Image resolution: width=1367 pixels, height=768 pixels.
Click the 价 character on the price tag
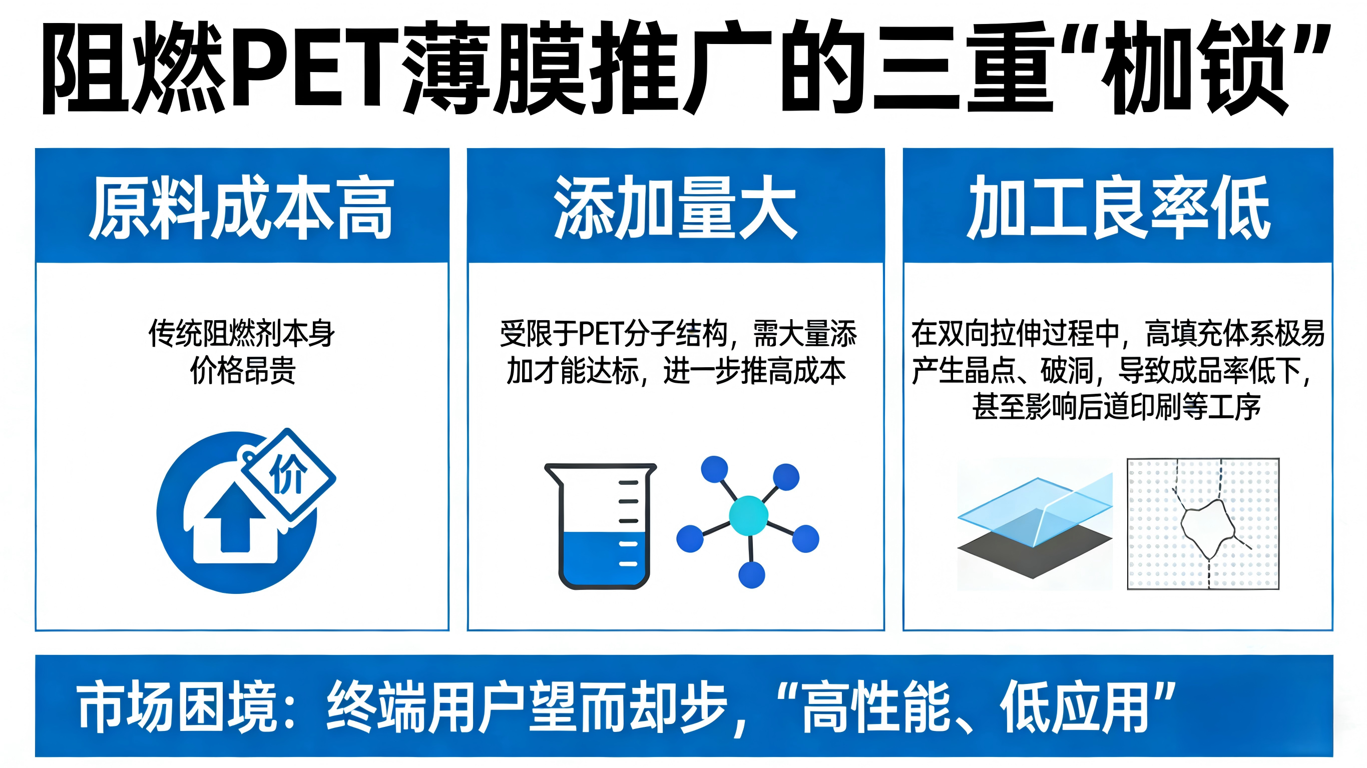[288, 474]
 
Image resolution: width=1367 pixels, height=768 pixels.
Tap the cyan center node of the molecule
[748, 514]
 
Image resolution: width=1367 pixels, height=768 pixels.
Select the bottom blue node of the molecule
[751, 575]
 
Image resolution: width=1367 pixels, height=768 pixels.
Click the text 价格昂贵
[242, 370]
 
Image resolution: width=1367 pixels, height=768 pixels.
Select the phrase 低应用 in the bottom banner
[1074, 706]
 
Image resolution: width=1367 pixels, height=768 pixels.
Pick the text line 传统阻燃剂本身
[242, 333]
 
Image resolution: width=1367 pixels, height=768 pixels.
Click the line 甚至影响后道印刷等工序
[1117, 407]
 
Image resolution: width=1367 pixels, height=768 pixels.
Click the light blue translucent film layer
[1035, 510]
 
